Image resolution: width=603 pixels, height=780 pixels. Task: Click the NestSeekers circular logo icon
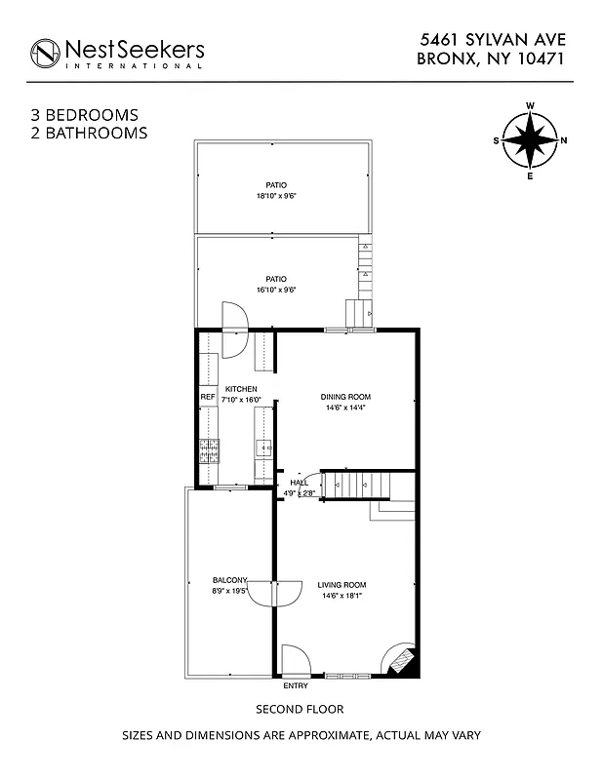[45, 53]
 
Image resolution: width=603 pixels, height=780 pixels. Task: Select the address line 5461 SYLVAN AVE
[493, 39]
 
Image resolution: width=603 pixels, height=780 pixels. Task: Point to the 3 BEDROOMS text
[85, 115]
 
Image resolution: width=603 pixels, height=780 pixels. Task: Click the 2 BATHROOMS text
[89, 133]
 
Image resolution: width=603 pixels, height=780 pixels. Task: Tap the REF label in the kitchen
[207, 398]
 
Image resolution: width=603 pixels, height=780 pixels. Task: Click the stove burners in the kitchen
[209, 449]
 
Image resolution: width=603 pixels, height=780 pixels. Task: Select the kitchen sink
[263, 448]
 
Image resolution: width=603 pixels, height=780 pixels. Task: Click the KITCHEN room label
[241, 388]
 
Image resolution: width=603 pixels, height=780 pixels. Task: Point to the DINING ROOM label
[345, 397]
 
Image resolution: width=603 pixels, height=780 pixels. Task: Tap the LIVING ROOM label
[342, 585]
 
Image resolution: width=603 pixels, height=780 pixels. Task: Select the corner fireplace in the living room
[401, 660]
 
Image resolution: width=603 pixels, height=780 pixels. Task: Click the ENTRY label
[295, 685]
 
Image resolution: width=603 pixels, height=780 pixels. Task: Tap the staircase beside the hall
[357, 483]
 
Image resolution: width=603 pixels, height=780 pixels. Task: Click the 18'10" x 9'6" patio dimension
[276, 196]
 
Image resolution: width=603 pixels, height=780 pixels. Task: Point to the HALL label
[299, 483]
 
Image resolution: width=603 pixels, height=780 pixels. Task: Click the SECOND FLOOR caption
[300, 709]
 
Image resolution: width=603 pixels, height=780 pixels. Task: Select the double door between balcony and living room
[272, 593]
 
